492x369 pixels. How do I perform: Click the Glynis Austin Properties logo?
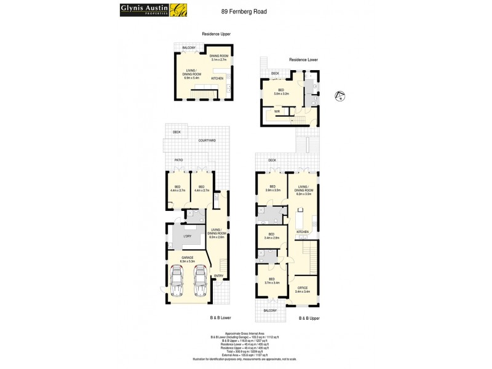(x=145, y=10)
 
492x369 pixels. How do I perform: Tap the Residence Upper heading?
(x=216, y=34)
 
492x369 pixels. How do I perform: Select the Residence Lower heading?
(x=303, y=60)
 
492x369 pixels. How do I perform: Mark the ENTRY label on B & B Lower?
(x=218, y=275)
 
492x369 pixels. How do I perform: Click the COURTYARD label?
(x=207, y=141)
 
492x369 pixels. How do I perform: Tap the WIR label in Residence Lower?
(x=277, y=111)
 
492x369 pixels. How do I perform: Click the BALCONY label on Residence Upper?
(x=188, y=47)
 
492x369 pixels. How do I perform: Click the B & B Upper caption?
(x=309, y=318)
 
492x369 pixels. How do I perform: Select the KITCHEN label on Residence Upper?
(x=217, y=79)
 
